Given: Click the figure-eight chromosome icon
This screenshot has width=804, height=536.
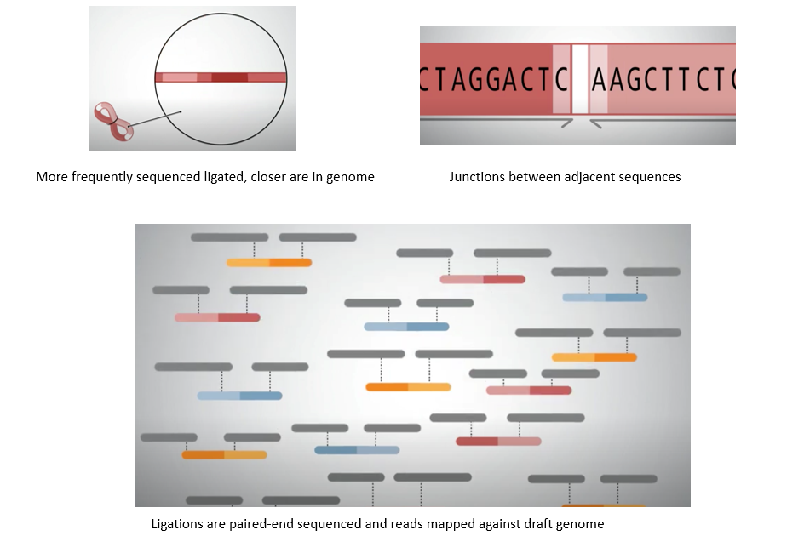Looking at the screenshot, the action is point(114,122).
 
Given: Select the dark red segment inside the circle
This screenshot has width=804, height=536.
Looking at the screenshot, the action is point(229,78).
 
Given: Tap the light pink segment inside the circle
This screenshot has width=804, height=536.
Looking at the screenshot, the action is point(180,78).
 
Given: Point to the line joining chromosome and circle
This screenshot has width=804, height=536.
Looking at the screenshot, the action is point(154,119).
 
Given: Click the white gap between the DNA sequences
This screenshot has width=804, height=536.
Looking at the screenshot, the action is point(579,79).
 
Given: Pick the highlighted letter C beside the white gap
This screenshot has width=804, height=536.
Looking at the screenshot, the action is point(561,79).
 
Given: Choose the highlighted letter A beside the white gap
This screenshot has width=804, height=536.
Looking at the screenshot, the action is point(599,79).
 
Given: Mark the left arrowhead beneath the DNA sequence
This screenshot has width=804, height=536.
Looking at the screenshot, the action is point(566,123).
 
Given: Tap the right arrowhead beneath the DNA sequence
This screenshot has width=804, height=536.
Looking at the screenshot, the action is point(596,123).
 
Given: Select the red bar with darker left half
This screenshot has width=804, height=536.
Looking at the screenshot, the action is point(498,442).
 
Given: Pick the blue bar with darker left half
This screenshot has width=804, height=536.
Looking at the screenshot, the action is point(357,450).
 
